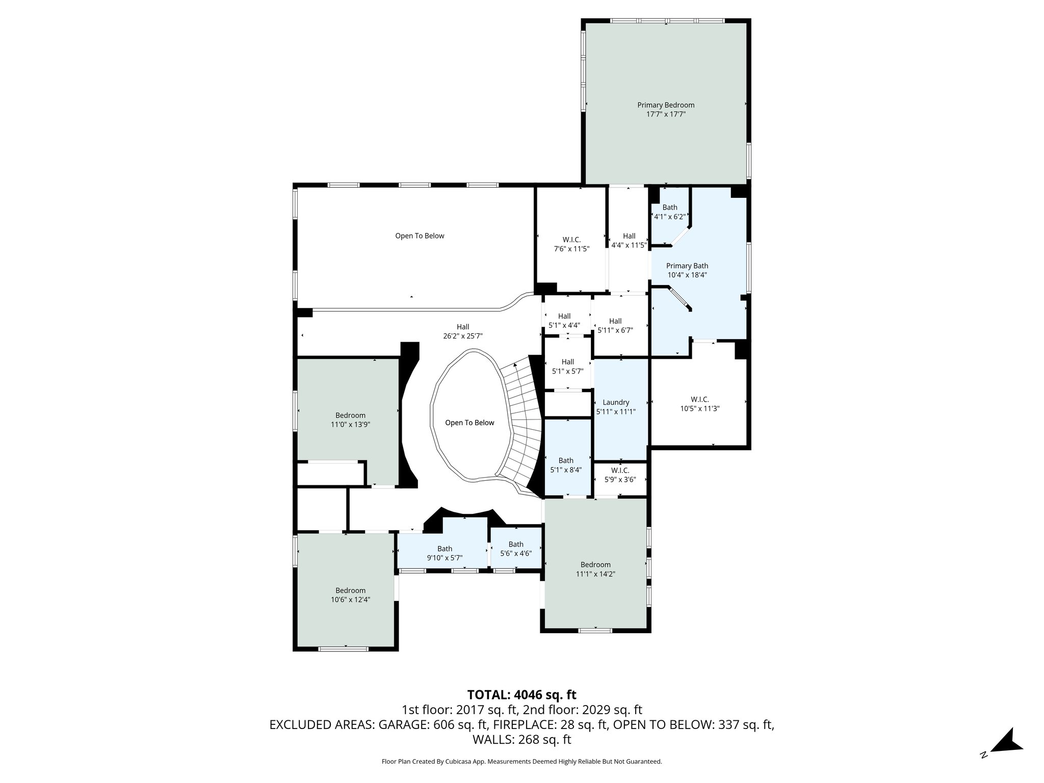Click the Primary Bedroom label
click(665, 105)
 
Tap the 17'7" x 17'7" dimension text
click(665, 115)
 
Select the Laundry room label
click(615, 402)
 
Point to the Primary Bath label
click(687, 266)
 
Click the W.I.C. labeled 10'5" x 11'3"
click(699, 404)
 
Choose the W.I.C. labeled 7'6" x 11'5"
click(571, 244)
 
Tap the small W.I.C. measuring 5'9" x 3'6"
click(620, 475)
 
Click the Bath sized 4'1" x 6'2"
click(669, 212)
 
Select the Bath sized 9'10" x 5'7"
click(444, 553)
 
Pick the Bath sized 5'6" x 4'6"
click(515, 549)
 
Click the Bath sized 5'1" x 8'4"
click(565, 465)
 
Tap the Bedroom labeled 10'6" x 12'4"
click(350, 595)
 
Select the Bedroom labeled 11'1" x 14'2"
click(595, 569)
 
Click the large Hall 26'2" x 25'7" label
click(462, 331)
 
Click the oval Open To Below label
click(469, 423)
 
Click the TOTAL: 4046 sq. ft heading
click(521, 695)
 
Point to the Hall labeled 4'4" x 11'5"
click(629, 240)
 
